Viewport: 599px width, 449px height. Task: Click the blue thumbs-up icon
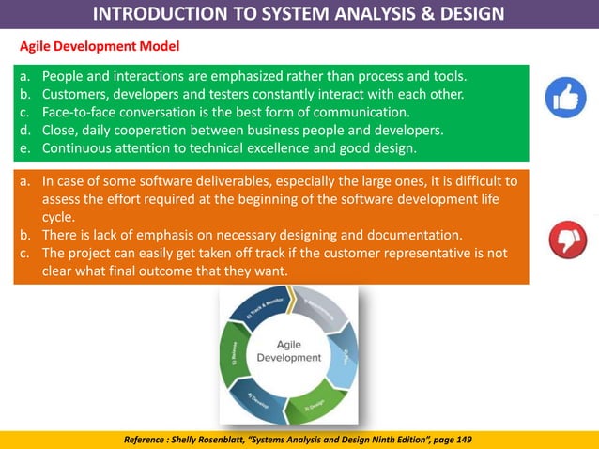click(x=566, y=98)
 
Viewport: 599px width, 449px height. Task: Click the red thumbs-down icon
click(x=566, y=239)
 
